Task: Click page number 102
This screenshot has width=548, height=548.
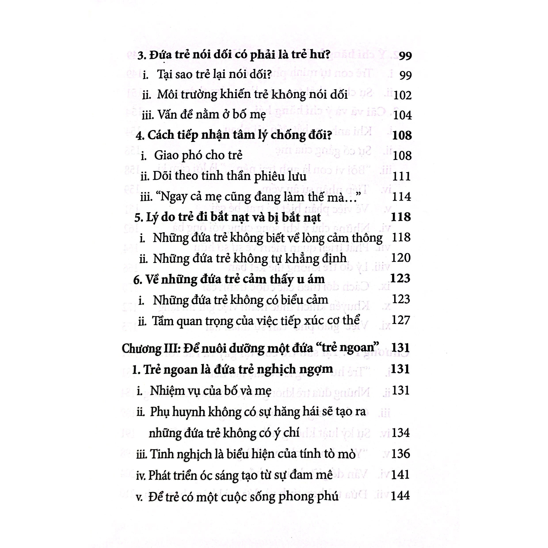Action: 402,95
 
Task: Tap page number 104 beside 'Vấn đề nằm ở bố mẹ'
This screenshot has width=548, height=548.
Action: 402,115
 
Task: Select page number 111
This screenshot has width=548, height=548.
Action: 401,176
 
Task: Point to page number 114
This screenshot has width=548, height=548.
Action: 401,197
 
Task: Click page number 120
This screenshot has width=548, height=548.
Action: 401,258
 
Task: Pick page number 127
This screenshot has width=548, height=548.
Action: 401,320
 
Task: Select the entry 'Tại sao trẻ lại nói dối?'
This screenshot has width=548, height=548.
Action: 214,75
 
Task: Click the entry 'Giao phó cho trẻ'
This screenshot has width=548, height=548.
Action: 198,155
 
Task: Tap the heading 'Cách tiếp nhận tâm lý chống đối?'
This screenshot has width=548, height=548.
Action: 234,135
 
